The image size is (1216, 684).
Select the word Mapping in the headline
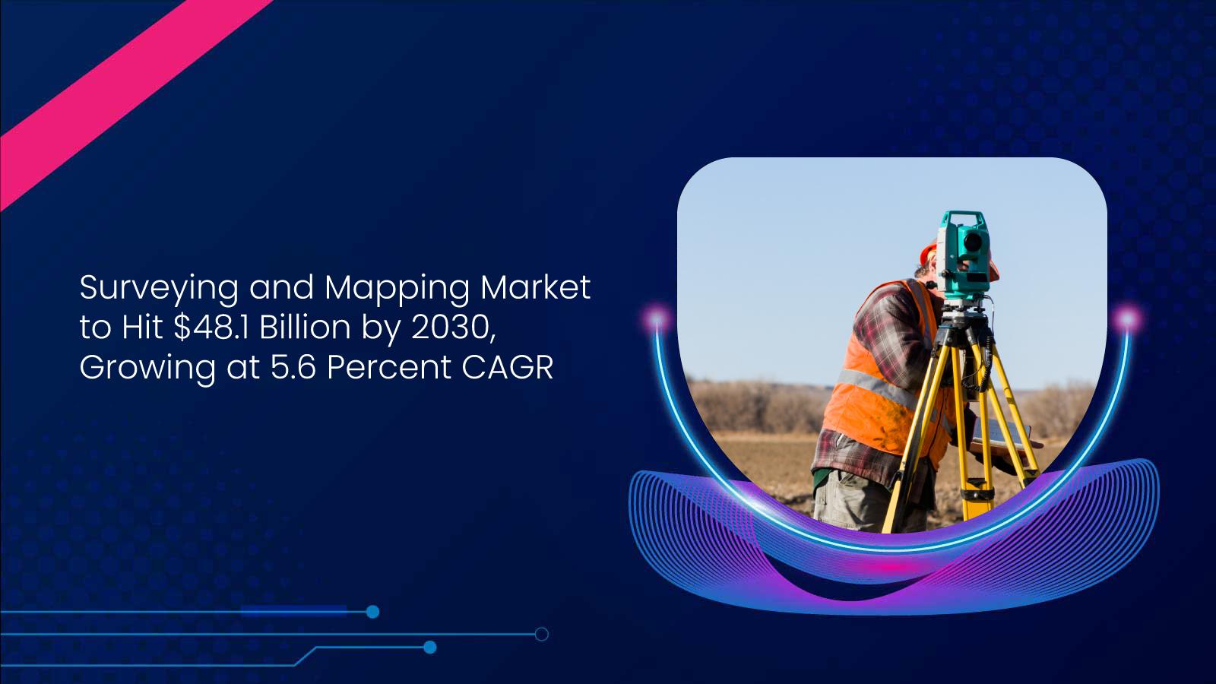pyautogui.click(x=397, y=289)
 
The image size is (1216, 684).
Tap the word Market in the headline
pyautogui.click(x=535, y=287)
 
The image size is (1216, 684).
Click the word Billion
pyautogui.click(x=305, y=328)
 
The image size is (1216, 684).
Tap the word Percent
pyautogui.click(x=389, y=367)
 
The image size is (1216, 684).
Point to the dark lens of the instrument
pyautogui.click(x=972, y=242)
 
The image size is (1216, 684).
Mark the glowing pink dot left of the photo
pyautogui.click(x=656, y=317)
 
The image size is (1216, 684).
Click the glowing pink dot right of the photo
pyautogui.click(x=1128, y=317)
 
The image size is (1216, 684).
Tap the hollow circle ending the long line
pyautogui.click(x=541, y=634)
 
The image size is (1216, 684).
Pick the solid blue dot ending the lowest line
pyautogui.click(x=429, y=648)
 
